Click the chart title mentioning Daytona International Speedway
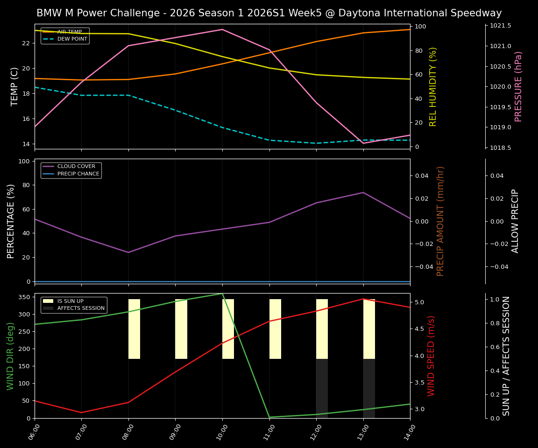pos(269,13)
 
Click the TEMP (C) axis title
pos(14,86)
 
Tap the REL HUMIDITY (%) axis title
pos(433,86)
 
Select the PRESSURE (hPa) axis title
pos(518,86)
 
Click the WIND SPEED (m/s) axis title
pos(431,356)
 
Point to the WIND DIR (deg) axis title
pos(10,356)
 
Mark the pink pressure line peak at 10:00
pos(222,29)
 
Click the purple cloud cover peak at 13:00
pos(363,192)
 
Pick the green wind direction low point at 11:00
pos(269,417)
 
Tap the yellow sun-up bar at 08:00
pos(134,329)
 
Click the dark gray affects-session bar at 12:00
pos(322,388)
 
